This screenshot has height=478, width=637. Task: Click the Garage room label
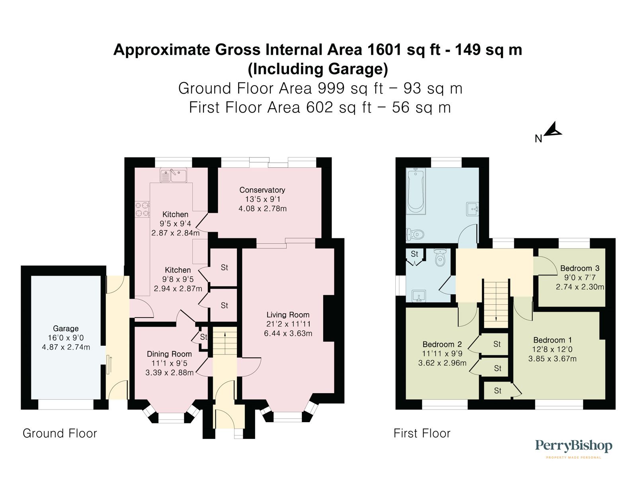[x=66, y=329]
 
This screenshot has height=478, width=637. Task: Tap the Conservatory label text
[x=262, y=190]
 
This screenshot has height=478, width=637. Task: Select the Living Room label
[x=288, y=315]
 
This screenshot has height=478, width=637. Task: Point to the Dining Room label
[x=169, y=354]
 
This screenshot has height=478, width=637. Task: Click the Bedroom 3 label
[x=580, y=268]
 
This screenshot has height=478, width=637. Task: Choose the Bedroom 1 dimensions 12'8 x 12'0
[x=552, y=349]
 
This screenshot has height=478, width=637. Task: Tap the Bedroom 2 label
[x=442, y=344]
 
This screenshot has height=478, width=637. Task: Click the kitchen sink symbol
[x=173, y=175]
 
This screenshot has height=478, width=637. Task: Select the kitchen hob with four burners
[x=142, y=210]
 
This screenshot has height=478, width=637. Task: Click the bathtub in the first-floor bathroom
[x=416, y=190]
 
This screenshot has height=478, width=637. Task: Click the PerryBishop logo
[x=573, y=446]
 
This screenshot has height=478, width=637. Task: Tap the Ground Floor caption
[x=60, y=433]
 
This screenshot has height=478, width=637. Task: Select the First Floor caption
[x=422, y=433]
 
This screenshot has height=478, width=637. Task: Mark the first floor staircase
[x=496, y=303]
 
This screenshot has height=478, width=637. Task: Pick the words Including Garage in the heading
[x=318, y=69]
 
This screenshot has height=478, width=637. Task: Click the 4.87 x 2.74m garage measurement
[x=66, y=347]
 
